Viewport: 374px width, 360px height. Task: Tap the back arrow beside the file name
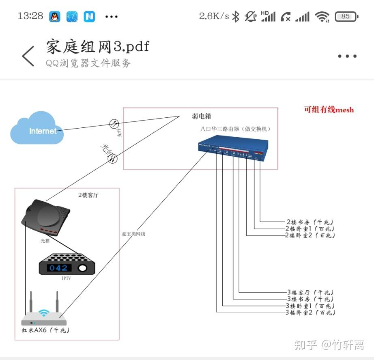tap(28, 56)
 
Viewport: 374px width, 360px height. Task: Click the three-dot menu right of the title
tap(347, 56)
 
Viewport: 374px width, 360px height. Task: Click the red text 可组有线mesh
tap(329, 110)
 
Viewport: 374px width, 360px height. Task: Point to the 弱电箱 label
tap(201, 116)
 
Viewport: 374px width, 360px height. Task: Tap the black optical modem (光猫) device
tap(46, 217)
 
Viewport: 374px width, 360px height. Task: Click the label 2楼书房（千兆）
tap(310, 222)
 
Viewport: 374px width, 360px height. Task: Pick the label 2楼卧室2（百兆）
tap(310, 235)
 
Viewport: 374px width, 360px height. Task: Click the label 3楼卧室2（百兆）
tap(311, 313)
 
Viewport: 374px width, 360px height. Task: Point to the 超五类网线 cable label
tap(133, 234)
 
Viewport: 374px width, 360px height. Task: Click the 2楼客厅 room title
tap(88, 195)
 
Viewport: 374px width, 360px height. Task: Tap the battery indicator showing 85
tap(346, 17)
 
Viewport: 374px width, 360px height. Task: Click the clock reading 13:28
tap(30, 16)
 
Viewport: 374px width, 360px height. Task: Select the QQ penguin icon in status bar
tap(55, 17)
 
